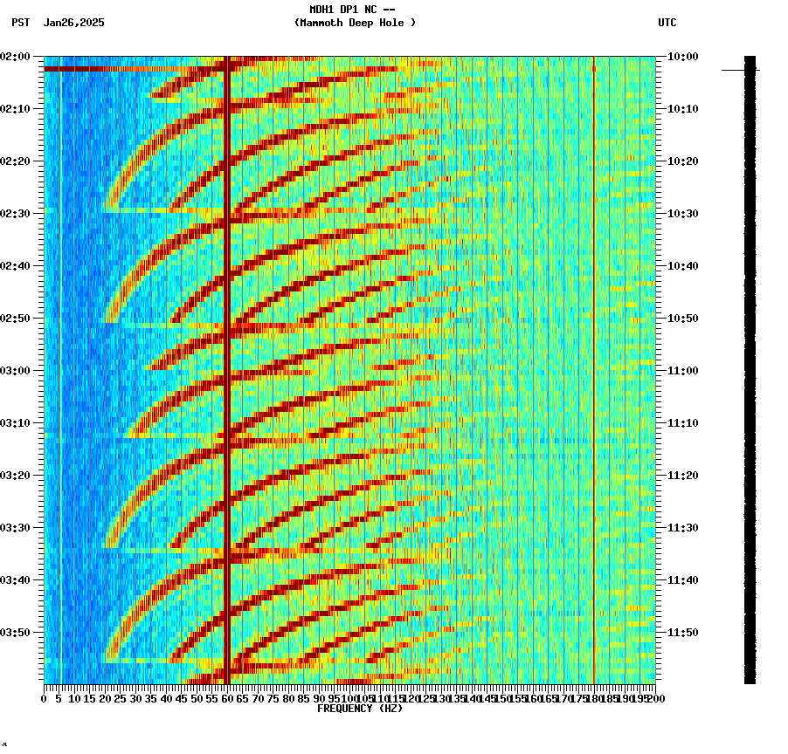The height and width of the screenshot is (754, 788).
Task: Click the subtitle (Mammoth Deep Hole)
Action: [x=355, y=23]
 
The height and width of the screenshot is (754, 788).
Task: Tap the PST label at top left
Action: [x=20, y=23]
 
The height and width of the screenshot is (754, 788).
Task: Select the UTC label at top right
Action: [x=667, y=23]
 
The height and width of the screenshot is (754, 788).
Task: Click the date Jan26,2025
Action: [x=73, y=23]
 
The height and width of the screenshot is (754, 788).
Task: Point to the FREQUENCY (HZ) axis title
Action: [x=359, y=709]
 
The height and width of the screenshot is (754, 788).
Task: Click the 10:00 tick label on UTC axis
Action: [x=683, y=57]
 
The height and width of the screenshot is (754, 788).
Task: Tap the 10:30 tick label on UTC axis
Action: [x=683, y=214]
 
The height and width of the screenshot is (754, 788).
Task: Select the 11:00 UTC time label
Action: [x=683, y=371]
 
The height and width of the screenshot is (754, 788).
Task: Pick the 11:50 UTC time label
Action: [x=683, y=633]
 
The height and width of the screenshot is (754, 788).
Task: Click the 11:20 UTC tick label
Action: [x=683, y=476]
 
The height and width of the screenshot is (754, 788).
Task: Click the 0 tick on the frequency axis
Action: [x=45, y=699]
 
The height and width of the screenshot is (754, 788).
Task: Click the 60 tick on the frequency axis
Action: [x=227, y=699]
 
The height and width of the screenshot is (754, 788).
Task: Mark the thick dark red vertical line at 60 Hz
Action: [x=227, y=367]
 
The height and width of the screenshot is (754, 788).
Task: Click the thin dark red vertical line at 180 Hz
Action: [x=594, y=367]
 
